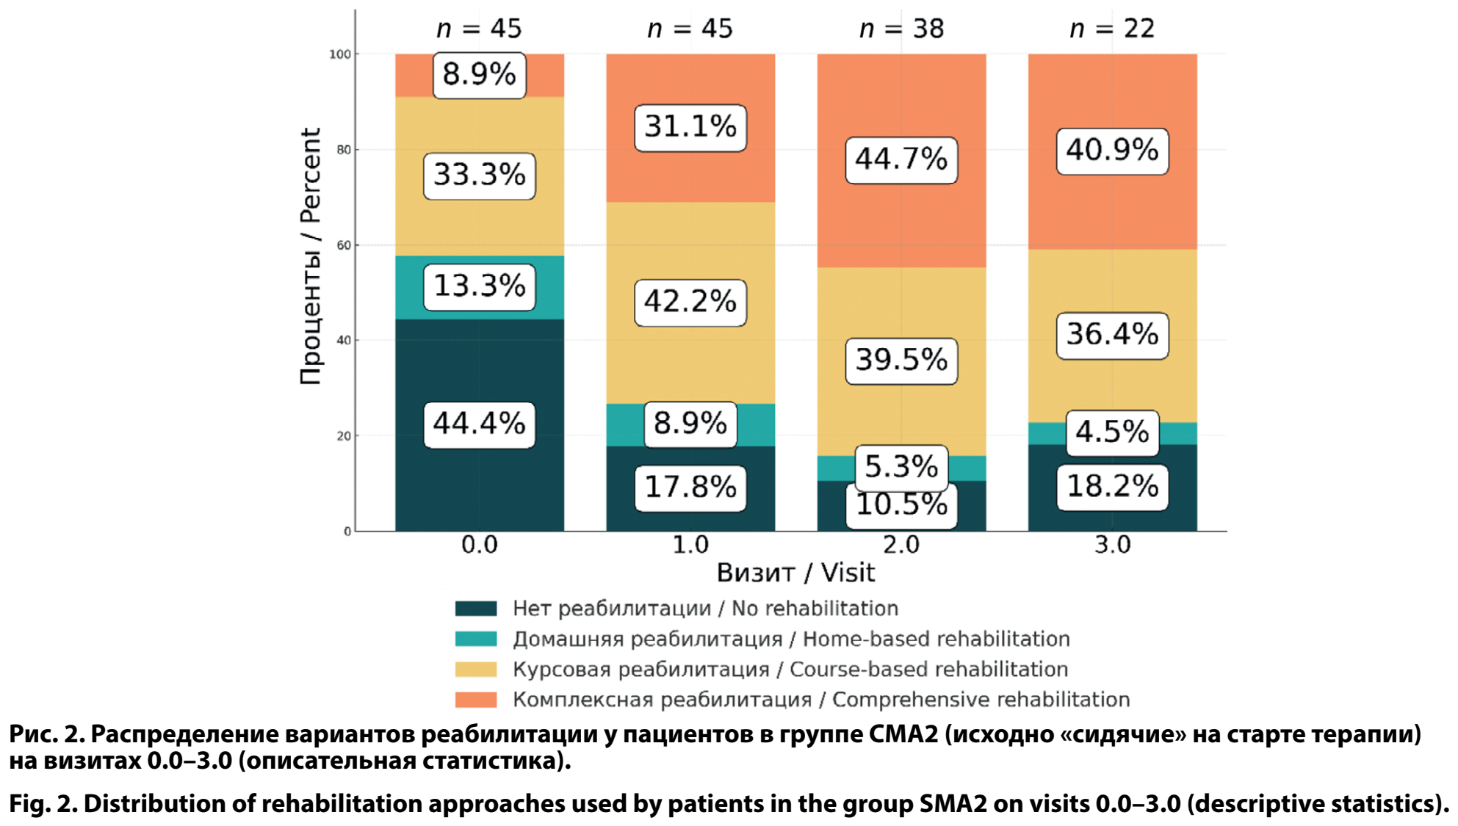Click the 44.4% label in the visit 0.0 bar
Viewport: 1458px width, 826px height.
479,424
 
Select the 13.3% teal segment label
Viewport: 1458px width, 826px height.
479,286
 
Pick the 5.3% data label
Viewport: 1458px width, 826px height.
901,465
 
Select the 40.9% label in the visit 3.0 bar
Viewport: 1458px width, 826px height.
1112,151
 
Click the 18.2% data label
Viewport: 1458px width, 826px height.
1112,487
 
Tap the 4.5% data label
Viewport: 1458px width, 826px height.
1112,432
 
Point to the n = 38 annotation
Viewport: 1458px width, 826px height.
901,29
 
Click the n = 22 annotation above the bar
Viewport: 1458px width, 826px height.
1112,29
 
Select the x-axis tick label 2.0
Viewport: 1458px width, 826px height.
901,545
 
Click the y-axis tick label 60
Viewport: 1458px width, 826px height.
344,245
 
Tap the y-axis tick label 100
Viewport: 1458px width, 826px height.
340,54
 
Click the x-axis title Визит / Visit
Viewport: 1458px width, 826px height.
795,573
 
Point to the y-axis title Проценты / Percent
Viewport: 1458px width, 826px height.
311,256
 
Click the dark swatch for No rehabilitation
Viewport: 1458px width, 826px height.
476,609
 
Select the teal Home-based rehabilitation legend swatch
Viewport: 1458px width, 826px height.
476,639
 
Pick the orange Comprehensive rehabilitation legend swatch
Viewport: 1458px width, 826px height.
476,700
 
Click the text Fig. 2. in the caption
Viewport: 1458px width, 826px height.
43,804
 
